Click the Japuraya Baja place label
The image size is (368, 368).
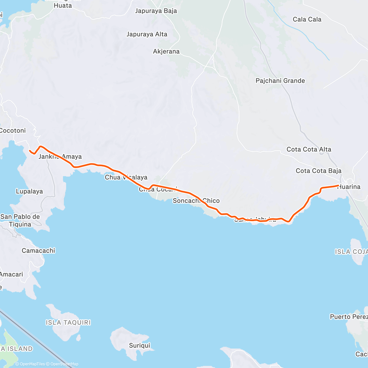(156, 11)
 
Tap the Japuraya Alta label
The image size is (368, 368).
(147, 34)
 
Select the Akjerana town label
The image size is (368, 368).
(166, 52)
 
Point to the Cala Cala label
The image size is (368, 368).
(307, 19)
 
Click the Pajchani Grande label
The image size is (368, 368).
(280, 81)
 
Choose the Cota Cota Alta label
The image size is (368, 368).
(309, 149)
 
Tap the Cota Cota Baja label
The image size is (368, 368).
(318, 171)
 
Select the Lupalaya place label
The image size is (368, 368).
(29, 191)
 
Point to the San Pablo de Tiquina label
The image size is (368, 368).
(20, 220)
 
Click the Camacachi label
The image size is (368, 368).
(38, 251)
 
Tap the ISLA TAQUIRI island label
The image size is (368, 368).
(68, 323)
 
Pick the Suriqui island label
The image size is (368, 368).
(140, 346)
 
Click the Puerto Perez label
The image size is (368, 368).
(349, 317)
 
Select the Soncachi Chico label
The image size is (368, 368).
(196, 201)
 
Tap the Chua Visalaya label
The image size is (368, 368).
(126, 177)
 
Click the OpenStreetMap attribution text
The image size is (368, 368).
(64, 364)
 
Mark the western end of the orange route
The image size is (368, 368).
(29, 151)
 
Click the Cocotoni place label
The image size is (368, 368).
(13, 131)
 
